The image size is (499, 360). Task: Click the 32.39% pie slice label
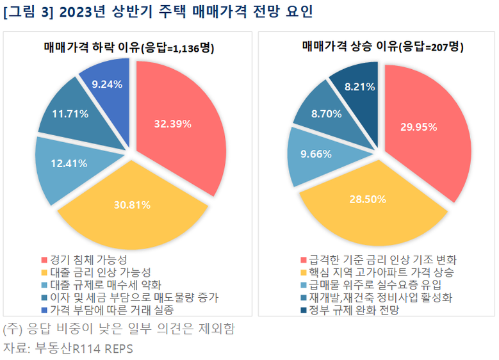(x=172, y=124)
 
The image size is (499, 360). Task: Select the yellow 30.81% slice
(x=131, y=205)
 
